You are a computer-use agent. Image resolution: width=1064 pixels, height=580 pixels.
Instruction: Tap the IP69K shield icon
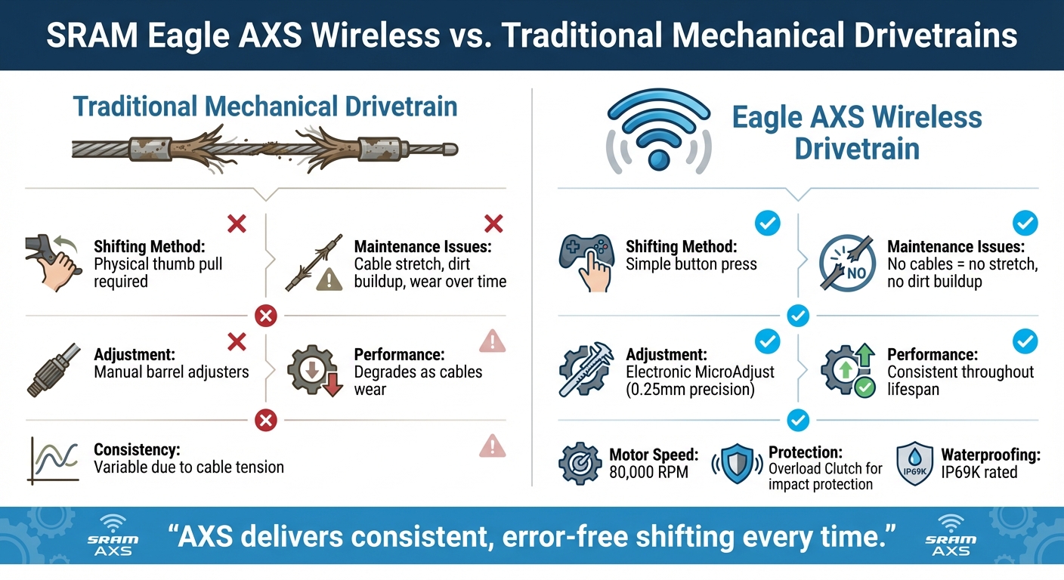913,463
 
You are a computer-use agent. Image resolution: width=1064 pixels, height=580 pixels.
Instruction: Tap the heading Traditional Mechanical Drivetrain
265,106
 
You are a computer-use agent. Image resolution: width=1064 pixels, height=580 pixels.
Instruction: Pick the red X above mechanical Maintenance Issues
493,223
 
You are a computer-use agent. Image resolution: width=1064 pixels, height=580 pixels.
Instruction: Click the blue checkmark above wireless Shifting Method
768,222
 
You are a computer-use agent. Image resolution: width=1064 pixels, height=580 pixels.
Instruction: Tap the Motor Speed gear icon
580,464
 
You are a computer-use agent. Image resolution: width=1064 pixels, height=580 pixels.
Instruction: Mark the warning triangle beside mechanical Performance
493,342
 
